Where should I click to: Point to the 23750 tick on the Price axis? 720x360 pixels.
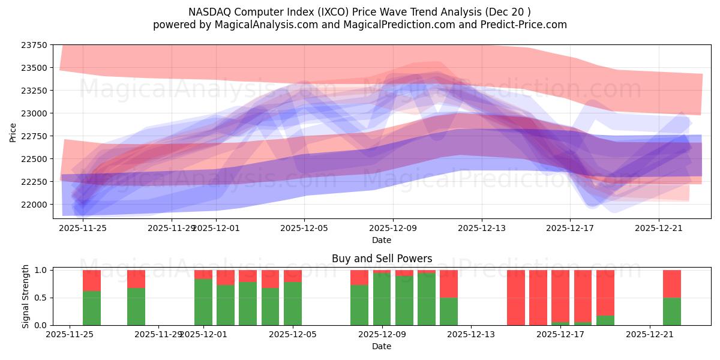click(36, 45)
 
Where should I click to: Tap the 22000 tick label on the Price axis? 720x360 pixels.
click(36, 205)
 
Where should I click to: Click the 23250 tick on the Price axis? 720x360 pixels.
click(36, 91)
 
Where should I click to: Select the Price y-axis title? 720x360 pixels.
click(13, 132)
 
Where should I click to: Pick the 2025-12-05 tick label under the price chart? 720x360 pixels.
click(304, 228)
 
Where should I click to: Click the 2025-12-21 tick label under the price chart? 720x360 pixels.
click(659, 228)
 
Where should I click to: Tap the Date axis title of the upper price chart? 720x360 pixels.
click(382, 240)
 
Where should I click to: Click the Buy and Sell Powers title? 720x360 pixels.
click(382, 259)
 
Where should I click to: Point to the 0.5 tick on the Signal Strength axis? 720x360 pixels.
click(41, 298)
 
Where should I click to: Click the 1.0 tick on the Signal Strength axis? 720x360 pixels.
click(41, 270)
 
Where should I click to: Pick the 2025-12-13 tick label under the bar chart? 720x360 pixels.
click(471, 334)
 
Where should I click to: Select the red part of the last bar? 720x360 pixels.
click(672, 283)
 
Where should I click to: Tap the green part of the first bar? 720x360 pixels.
click(92, 308)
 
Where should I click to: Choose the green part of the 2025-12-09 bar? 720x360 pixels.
click(382, 299)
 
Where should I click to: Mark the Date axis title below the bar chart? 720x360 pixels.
click(382, 346)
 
